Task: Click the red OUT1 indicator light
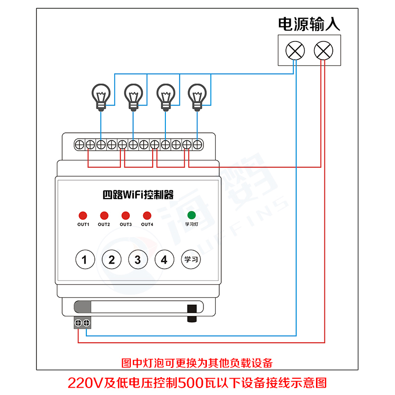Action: pos(82,216)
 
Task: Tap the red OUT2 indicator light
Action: pos(104,216)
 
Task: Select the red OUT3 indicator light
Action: pos(125,216)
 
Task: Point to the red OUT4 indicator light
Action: pos(147,216)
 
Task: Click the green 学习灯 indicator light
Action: pos(191,215)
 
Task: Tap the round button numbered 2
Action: pos(112,259)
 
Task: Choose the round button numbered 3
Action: pos(138,259)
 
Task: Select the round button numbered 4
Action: pos(164,259)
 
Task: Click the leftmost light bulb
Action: pos(101,96)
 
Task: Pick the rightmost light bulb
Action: pos(197,96)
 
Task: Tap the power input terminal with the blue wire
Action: pos(295,50)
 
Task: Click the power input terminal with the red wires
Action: pos(323,50)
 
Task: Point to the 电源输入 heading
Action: pos(309,24)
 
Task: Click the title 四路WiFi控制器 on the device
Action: pos(138,194)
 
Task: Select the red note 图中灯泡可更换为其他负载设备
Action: pos(197,363)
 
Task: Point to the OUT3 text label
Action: pos(125,225)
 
